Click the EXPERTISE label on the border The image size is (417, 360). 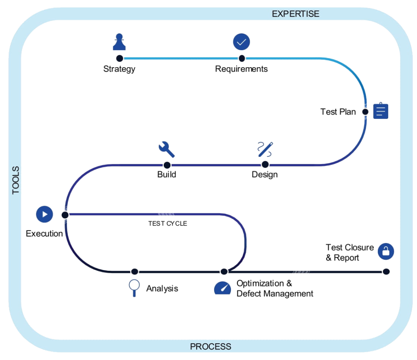point(295,14)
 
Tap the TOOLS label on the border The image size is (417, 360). point(16,180)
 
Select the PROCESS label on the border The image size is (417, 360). point(211,347)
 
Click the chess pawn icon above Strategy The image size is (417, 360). point(119,42)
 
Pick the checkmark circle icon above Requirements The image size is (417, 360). point(241,42)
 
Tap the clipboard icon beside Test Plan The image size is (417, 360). point(381,110)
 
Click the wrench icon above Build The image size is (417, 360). point(167,149)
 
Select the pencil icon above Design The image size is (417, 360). point(265,149)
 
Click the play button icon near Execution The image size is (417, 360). point(44,214)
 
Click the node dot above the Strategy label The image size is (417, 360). point(119,58)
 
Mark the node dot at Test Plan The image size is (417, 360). point(365,112)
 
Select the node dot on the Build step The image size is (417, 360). point(167,165)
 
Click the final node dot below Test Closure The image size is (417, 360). point(386,272)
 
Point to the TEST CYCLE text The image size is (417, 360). point(167,224)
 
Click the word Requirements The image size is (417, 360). point(241,69)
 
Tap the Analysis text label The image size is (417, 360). point(162,289)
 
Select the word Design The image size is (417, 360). point(265,175)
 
